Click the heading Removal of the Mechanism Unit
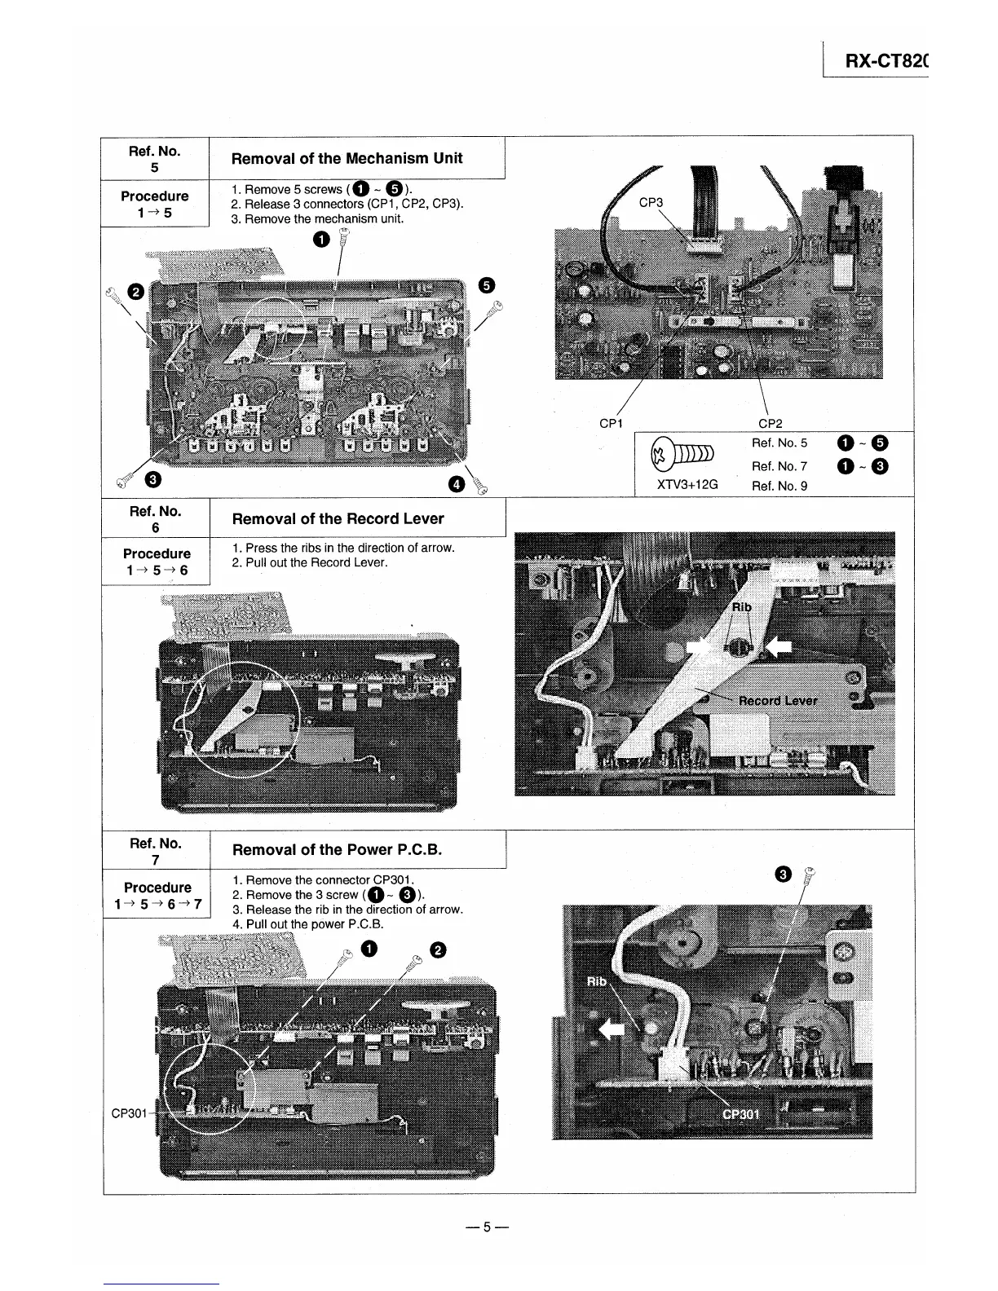(347, 158)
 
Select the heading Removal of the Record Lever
(338, 519)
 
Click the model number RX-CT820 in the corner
(884, 61)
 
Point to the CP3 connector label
(651, 202)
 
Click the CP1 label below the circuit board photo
(611, 423)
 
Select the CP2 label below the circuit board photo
(770, 423)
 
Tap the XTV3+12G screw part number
(687, 484)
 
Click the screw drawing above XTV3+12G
(684, 454)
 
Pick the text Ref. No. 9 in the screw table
(779, 486)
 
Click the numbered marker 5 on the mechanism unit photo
(486, 284)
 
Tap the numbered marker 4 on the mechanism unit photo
(457, 484)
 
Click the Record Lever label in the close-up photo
(777, 700)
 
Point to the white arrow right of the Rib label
(779, 646)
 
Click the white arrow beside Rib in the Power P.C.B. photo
(612, 1030)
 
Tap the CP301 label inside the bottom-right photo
(741, 1115)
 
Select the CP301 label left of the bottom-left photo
(129, 1113)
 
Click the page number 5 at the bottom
(486, 1227)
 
